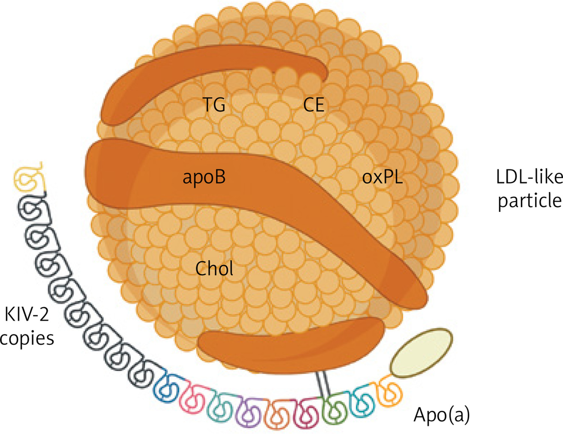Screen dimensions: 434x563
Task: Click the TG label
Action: [x=214, y=104]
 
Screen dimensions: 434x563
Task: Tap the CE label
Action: [x=313, y=104]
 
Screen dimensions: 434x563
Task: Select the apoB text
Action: [x=204, y=177]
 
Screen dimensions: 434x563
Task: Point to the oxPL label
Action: [x=382, y=177]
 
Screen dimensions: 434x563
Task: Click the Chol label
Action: [x=214, y=268]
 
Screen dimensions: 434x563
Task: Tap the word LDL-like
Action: [x=529, y=176]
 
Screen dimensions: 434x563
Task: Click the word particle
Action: [x=529, y=201]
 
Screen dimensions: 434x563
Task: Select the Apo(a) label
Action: [x=441, y=415]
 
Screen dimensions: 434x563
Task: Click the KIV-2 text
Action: [x=27, y=314]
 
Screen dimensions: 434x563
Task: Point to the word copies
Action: [x=27, y=338]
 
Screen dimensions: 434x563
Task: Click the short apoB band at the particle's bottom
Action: [x=290, y=346]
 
